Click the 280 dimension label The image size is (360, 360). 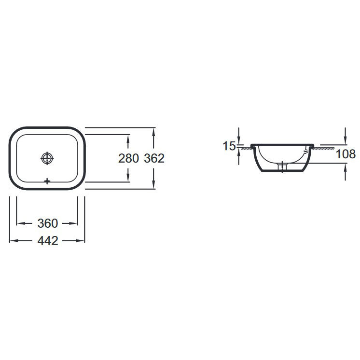[x=128, y=158]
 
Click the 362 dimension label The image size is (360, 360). [x=154, y=158]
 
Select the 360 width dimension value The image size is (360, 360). [x=48, y=223]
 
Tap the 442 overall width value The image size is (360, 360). [x=48, y=241]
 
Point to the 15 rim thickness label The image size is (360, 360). [x=229, y=146]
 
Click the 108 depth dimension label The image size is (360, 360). [x=346, y=154]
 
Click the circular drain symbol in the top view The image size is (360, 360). [x=47, y=158]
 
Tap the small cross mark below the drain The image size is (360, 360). [x=47, y=181]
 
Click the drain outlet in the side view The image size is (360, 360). [x=282, y=166]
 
